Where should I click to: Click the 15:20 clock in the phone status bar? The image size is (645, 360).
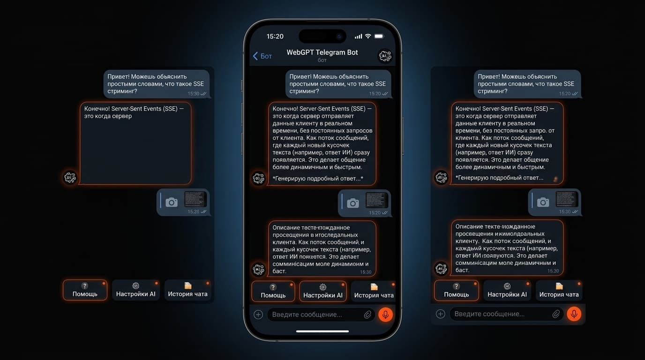click(275, 36)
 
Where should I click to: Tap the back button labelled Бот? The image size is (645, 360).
click(262, 56)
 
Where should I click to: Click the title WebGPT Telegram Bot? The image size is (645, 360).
click(322, 52)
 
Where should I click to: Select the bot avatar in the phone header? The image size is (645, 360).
click(385, 56)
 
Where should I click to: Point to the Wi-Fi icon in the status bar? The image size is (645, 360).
click(368, 36)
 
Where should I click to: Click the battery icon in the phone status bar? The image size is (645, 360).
click(379, 36)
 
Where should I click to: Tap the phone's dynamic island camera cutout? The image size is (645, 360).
click(322, 36)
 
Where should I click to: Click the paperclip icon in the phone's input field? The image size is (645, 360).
click(367, 315)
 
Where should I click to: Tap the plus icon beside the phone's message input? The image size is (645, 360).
click(258, 315)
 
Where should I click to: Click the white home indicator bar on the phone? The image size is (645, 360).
click(322, 331)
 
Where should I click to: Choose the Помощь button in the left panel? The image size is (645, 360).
click(85, 290)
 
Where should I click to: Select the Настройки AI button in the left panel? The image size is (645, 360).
click(136, 290)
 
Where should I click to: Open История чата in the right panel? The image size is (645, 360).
click(559, 290)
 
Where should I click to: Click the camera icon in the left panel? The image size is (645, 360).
click(172, 202)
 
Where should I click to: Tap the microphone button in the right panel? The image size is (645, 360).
click(574, 314)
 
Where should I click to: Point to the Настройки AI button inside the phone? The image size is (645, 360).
click(323, 291)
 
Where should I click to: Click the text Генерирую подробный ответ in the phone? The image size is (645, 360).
click(318, 179)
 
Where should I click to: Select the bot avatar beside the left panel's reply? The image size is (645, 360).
click(70, 177)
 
